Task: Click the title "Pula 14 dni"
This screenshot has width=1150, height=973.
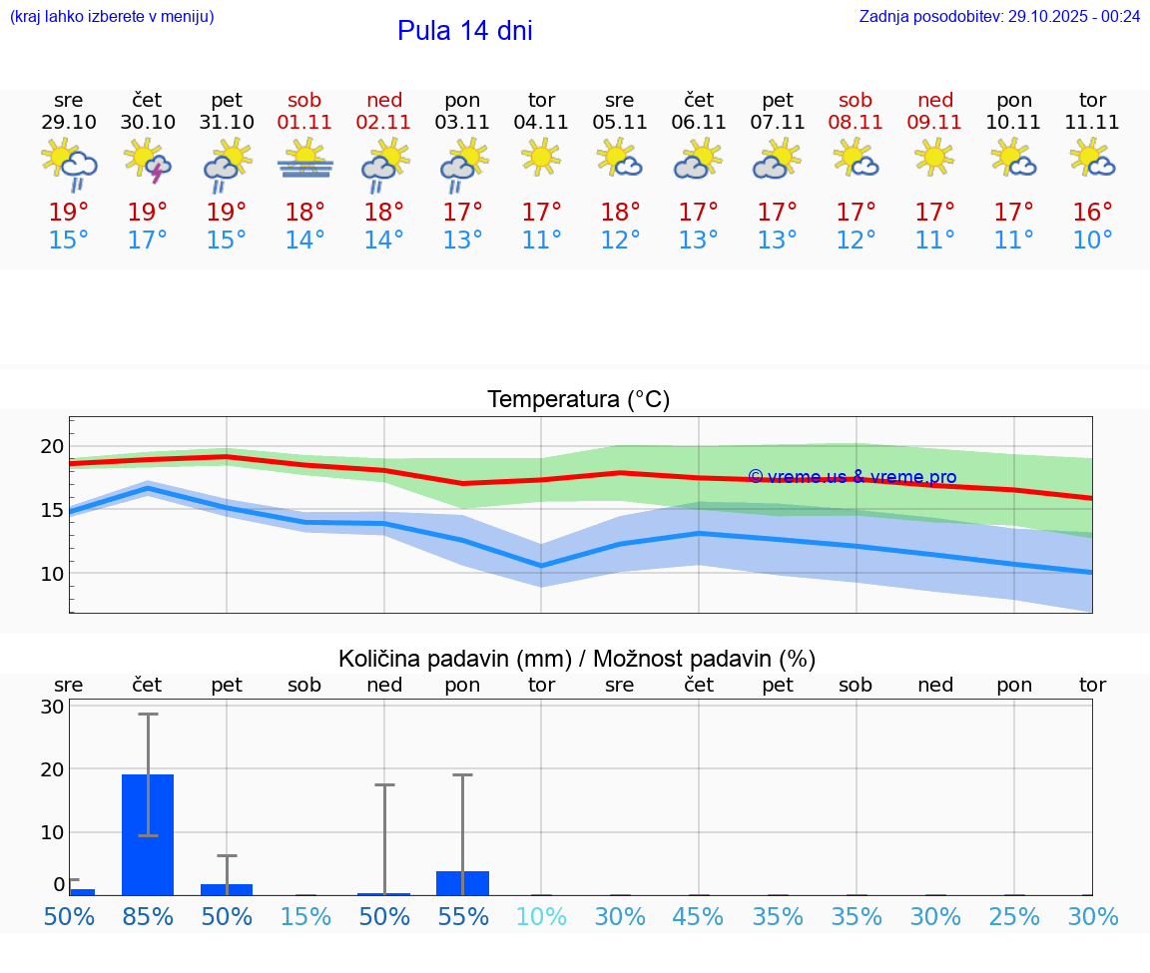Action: (464, 31)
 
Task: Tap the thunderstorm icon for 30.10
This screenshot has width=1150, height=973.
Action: (148, 162)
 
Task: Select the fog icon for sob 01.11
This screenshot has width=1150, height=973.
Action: (305, 162)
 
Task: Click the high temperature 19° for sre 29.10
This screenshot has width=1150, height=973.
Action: (69, 213)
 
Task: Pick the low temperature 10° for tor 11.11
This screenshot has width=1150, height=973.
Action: (1092, 241)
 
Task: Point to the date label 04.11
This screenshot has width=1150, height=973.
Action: (541, 123)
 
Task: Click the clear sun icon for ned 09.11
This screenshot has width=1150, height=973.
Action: (934, 158)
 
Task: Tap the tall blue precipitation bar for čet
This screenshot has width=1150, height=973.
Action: (148, 834)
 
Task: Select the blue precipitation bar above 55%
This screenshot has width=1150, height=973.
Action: (462, 883)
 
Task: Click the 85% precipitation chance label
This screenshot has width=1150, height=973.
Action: (148, 917)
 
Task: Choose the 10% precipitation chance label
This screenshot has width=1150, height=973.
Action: (541, 917)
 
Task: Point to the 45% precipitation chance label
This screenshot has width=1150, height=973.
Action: (699, 917)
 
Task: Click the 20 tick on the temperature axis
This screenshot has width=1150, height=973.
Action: (52, 446)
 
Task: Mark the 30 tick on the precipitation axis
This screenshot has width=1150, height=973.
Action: (52, 707)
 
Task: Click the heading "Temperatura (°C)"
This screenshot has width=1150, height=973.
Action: (578, 400)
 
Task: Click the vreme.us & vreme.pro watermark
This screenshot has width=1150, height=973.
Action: (853, 477)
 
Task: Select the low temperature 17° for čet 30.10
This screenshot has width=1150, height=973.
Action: (148, 241)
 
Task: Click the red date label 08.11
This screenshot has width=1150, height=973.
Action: (856, 123)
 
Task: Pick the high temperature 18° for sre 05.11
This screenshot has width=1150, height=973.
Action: (620, 213)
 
